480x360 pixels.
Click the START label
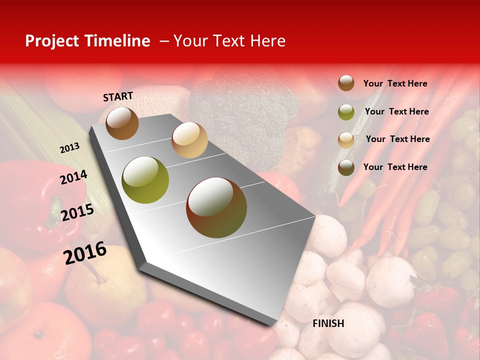point(118,96)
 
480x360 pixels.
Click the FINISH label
point(328,323)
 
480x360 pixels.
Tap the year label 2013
point(69,147)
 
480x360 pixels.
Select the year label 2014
point(73,177)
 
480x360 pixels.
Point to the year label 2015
point(77,212)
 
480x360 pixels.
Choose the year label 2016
point(85,252)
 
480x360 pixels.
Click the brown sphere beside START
point(122,123)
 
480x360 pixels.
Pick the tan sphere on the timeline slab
point(189,140)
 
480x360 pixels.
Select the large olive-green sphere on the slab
point(145,180)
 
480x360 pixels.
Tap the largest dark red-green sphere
point(216,207)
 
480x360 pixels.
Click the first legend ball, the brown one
point(346,83)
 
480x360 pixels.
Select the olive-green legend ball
point(346,112)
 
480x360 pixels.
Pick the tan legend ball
point(346,140)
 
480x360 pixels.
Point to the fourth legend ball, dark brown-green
point(346,167)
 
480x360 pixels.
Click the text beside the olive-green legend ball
point(396,111)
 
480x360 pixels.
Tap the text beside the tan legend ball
point(397,139)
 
